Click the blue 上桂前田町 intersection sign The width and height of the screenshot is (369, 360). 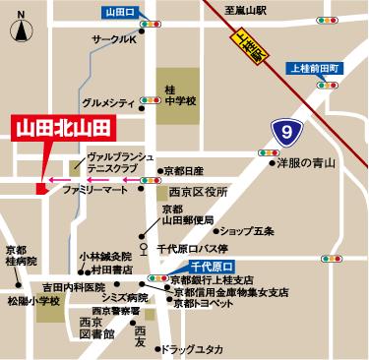click(x=315, y=67)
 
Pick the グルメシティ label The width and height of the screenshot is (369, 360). click(x=109, y=102)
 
